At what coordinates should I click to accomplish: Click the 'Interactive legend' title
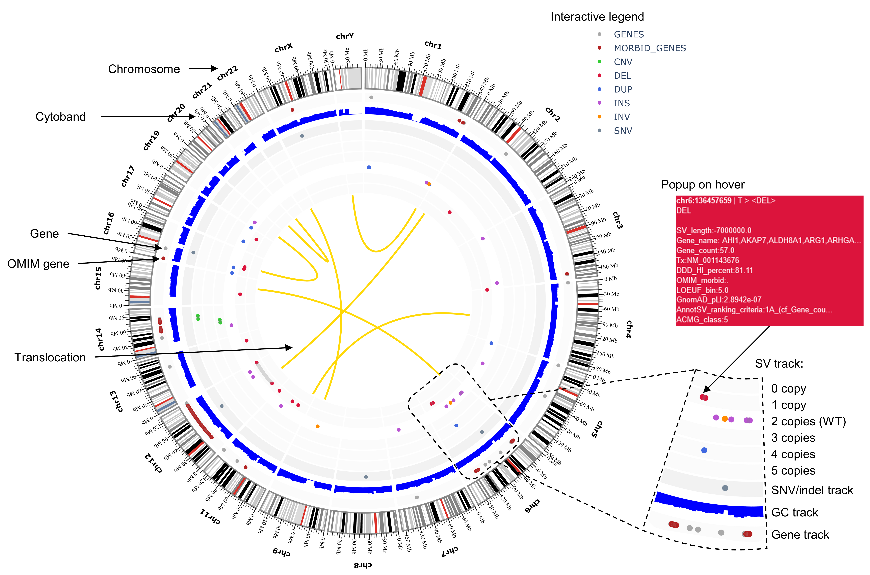597,17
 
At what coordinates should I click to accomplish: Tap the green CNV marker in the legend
599,62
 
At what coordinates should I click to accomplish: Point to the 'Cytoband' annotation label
61,117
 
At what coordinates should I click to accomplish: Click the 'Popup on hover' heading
702,184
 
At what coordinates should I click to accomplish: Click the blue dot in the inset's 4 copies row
704,450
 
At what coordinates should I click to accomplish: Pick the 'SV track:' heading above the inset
779,364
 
